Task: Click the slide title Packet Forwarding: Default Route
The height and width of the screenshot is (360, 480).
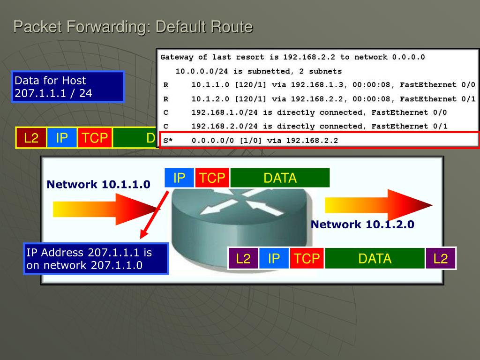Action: point(133,27)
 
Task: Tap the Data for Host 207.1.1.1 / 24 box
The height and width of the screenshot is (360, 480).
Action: point(68,87)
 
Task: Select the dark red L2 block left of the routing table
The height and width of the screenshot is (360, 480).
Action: point(31,138)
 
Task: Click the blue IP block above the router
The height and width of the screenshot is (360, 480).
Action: point(179,178)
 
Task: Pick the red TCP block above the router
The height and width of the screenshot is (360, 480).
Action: point(212,178)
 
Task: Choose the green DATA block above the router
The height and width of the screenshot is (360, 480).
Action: point(280,178)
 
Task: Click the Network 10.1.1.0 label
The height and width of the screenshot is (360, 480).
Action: point(98,185)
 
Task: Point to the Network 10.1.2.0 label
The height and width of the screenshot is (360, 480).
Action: point(362,225)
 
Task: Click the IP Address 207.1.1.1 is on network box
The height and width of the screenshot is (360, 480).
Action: point(96,259)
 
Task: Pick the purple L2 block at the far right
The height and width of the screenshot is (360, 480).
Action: point(441,258)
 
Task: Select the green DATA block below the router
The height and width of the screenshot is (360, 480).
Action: point(375,258)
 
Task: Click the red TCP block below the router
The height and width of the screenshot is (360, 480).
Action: point(307,258)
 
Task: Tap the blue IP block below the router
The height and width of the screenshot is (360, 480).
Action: point(273,258)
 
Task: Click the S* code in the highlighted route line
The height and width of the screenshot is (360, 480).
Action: point(167,140)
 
